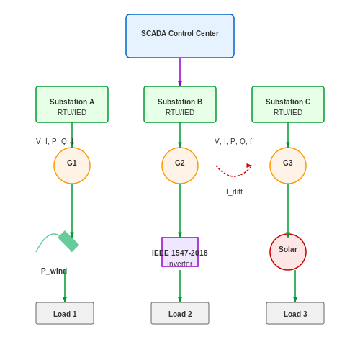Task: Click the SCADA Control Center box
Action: pos(180,36)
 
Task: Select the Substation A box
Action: pos(72,104)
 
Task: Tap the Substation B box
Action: pos(180,104)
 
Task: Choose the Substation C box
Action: pos(288,104)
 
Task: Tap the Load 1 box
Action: pos(65,313)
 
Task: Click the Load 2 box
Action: pos(180,313)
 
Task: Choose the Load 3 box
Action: pos(295,313)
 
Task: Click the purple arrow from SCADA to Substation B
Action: pos(180,72)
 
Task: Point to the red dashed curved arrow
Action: pos(233,176)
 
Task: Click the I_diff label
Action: pos(234,192)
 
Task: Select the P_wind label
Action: pos(54,271)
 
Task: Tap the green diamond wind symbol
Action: pos(68,241)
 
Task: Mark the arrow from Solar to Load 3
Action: pos(295,286)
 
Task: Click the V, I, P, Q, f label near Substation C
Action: pos(233,141)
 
